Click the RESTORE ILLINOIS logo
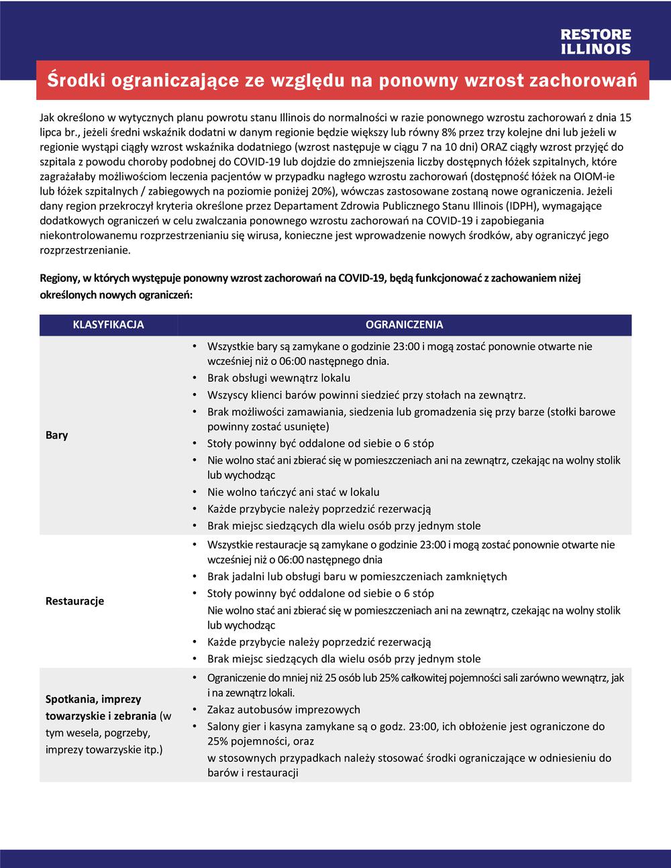click(x=595, y=42)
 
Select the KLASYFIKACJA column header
click(x=108, y=325)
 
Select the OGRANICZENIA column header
click(x=404, y=325)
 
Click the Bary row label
click(x=57, y=435)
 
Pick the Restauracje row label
click(x=74, y=601)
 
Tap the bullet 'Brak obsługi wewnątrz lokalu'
click(x=278, y=378)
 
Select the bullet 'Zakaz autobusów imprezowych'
click(x=284, y=710)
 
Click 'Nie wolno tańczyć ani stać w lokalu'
click(x=293, y=492)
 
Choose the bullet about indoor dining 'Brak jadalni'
click(x=357, y=577)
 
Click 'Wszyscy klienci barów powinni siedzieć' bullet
click(x=366, y=396)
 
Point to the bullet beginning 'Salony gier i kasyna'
click(x=406, y=726)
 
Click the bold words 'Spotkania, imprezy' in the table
click(x=93, y=700)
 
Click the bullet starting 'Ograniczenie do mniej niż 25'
click(x=415, y=678)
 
